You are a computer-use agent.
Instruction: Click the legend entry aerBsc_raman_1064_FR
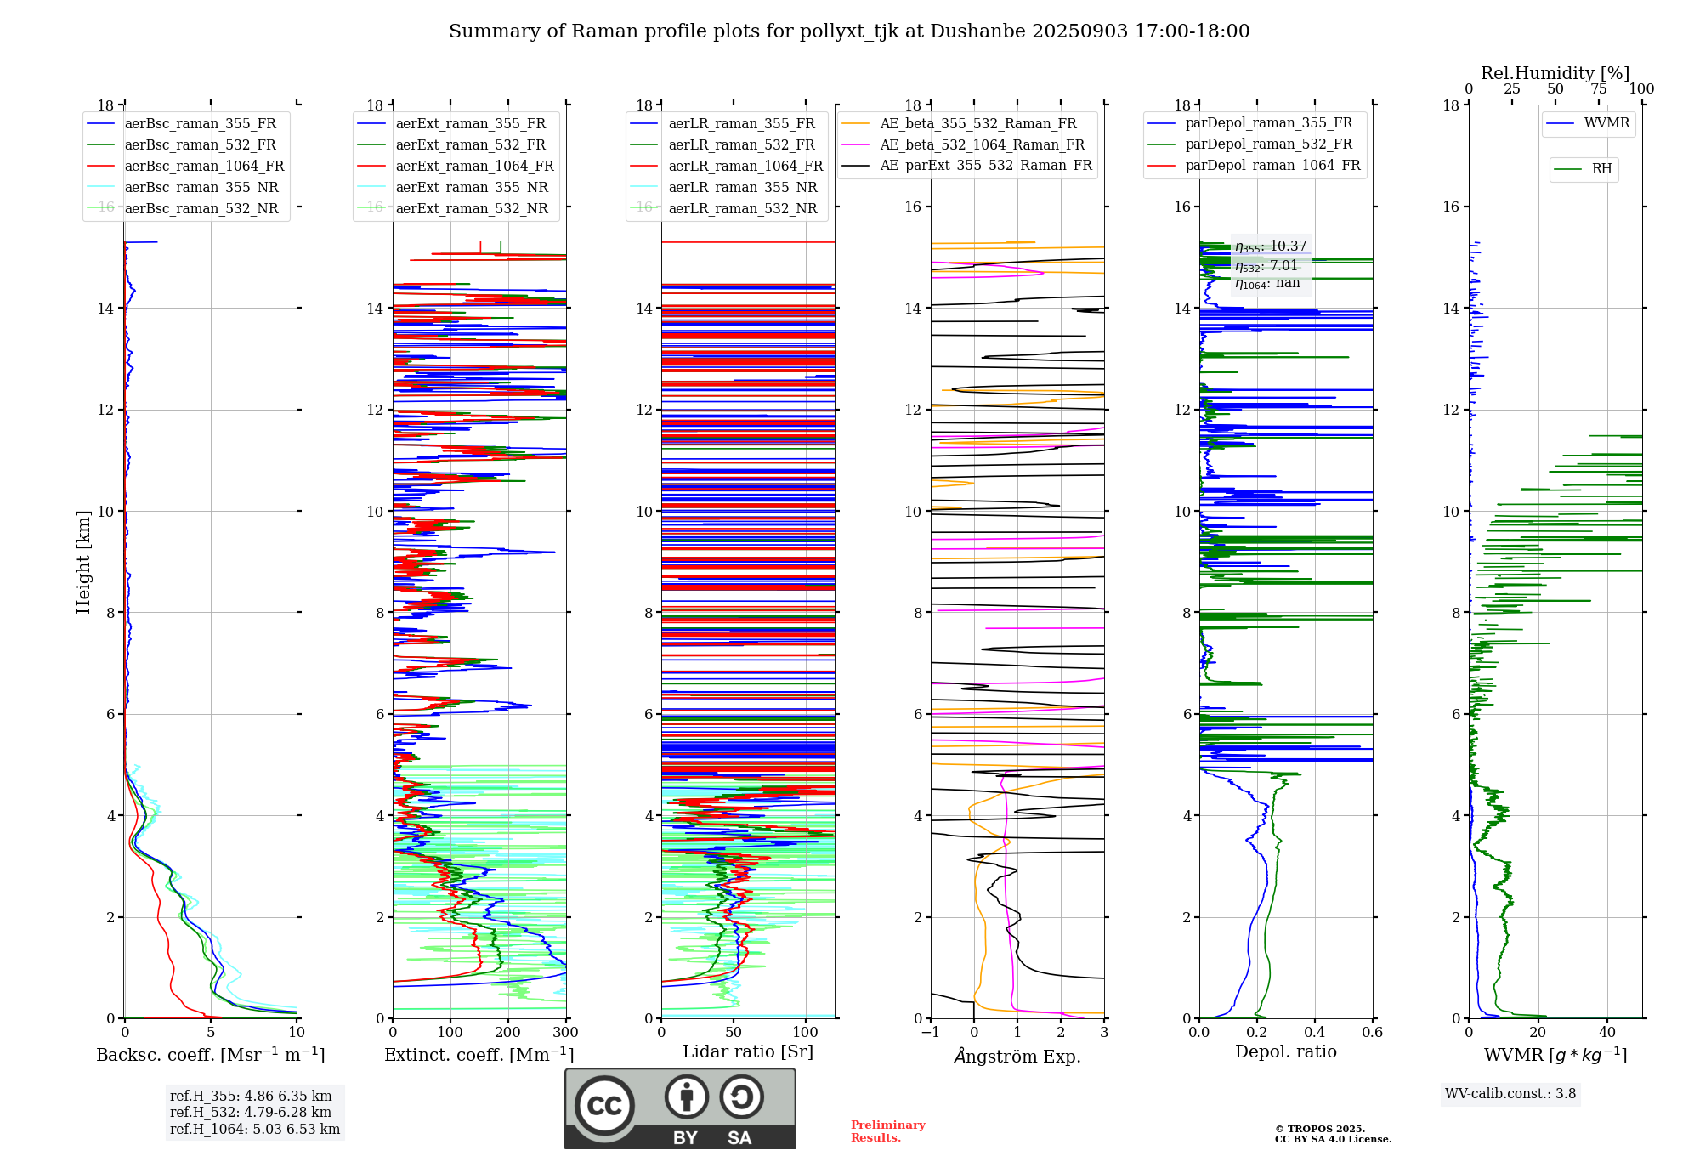[204, 167]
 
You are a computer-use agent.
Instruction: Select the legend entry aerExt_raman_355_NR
[472, 188]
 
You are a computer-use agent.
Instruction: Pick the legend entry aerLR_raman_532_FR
[741, 145]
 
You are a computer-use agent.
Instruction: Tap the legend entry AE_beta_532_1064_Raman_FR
[982, 145]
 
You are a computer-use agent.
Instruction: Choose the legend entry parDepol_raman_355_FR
[1268, 123]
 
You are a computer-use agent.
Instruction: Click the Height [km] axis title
[83, 562]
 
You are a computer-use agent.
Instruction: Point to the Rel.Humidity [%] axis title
[1555, 73]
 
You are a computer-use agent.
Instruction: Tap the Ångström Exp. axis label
[1017, 1057]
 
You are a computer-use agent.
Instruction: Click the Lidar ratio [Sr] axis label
[748, 1051]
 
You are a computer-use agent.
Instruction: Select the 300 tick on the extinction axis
[565, 1033]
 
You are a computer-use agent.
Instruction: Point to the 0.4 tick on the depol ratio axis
[1314, 1033]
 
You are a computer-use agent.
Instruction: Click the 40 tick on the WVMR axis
[1607, 1033]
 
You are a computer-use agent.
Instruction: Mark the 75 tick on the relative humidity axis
[1598, 89]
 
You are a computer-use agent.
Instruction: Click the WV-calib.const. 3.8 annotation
[1510, 1094]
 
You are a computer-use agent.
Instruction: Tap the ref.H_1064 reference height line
[255, 1130]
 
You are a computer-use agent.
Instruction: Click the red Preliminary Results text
[887, 1131]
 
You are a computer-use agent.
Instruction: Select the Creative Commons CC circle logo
[604, 1106]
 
